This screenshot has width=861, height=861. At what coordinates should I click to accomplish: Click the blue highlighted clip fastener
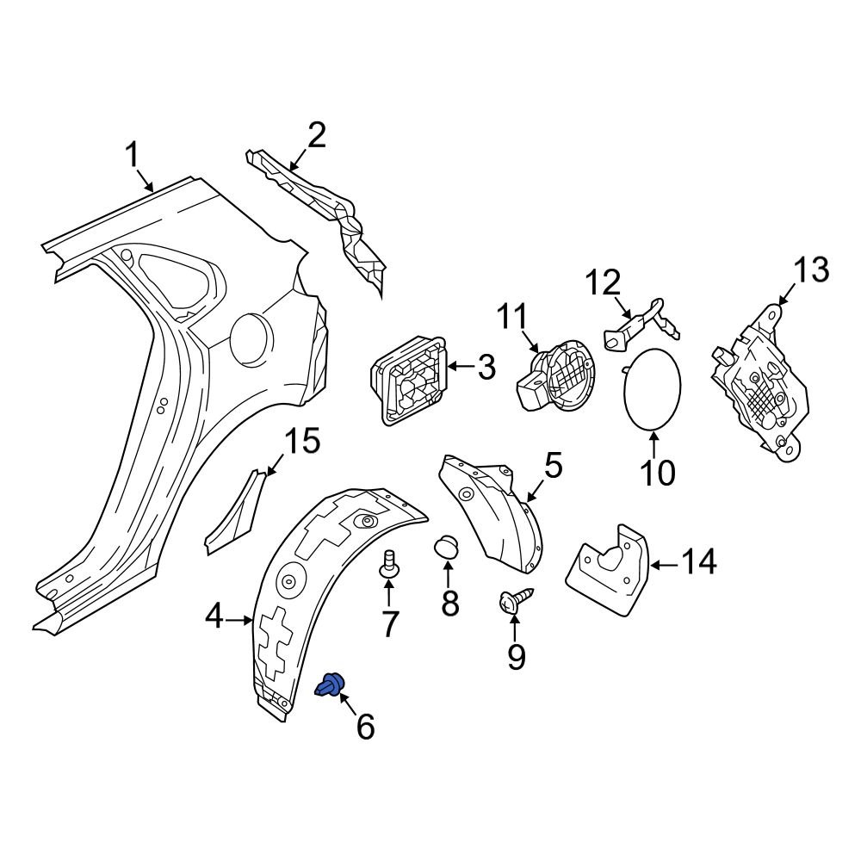click(x=330, y=685)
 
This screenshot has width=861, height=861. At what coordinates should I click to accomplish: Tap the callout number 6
click(x=365, y=728)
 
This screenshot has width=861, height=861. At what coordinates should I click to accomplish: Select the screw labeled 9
click(x=514, y=602)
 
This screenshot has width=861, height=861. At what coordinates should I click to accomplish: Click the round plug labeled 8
click(x=449, y=548)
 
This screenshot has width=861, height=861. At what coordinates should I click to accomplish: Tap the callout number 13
click(x=809, y=269)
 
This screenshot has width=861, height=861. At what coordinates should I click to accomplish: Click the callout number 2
click(x=316, y=135)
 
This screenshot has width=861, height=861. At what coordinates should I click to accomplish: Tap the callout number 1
click(x=132, y=156)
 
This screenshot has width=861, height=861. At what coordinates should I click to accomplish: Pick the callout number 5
click(x=552, y=467)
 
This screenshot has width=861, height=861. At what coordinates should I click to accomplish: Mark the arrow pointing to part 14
click(x=661, y=565)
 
